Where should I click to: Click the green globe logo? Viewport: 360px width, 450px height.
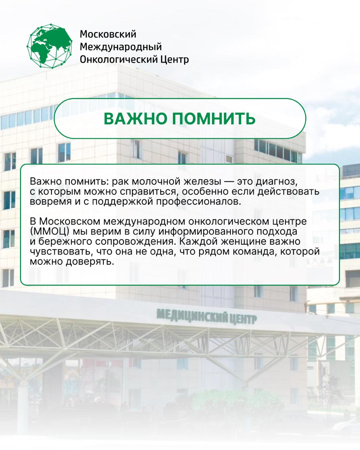point(50,46)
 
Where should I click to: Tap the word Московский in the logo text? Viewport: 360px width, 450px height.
point(108,34)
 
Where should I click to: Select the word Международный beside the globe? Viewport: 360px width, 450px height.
point(121,47)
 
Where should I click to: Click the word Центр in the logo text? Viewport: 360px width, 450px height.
point(175,60)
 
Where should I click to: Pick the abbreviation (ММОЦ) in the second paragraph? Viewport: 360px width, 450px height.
point(50,232)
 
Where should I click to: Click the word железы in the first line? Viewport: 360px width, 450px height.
point(202,182)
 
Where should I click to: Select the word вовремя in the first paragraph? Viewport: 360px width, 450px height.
point(51,202)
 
